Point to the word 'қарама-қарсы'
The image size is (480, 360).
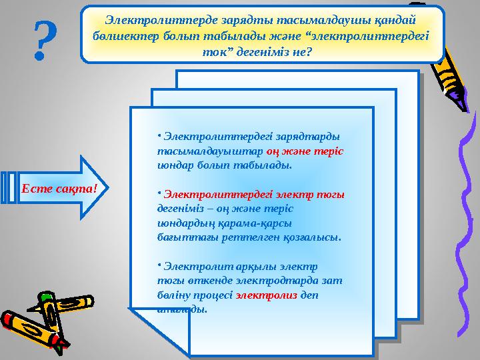(262, 223)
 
